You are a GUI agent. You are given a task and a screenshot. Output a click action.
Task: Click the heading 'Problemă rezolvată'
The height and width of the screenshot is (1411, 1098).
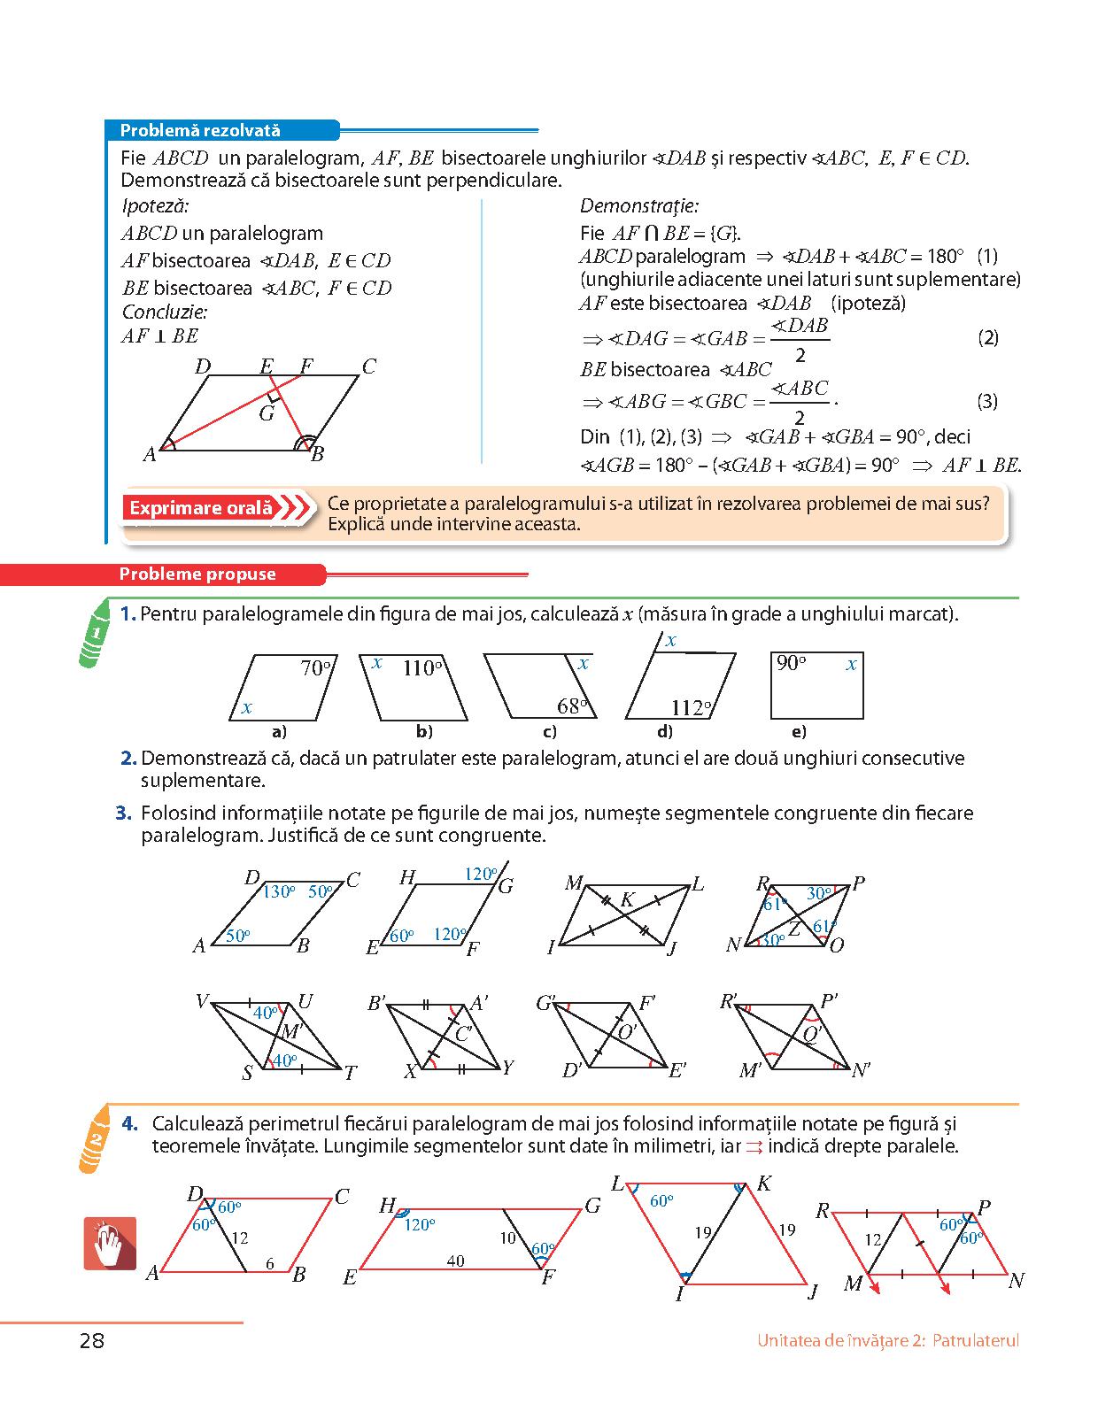[200, 131]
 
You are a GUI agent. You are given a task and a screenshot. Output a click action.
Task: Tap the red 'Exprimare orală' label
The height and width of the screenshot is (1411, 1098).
[202, 508]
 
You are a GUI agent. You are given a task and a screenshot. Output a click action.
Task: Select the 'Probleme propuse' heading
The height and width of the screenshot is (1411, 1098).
[197, 574]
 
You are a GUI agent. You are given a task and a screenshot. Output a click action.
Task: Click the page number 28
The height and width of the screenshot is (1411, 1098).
[91, 1340]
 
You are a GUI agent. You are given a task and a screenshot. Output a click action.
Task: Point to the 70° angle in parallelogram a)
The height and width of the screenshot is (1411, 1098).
[316, 668]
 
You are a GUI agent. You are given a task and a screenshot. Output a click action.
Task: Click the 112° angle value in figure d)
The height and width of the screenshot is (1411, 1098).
[691, 707]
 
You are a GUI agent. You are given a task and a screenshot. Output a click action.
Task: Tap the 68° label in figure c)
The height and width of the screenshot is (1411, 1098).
[572, 705]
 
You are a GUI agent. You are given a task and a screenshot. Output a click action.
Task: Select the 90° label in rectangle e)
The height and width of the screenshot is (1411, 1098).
[791, 663]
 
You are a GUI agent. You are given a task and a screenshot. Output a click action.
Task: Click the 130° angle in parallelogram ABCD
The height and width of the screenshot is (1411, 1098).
[279, 891]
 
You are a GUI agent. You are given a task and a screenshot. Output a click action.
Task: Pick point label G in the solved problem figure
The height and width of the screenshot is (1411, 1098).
[267, 413]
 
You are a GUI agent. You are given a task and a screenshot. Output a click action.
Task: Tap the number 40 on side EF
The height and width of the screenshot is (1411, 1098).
[455, 1261]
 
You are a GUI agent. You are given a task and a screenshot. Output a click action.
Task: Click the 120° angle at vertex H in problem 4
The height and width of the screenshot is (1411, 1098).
[419, 1224]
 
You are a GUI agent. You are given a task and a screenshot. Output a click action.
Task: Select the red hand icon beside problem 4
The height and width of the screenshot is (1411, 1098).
[110, 1244]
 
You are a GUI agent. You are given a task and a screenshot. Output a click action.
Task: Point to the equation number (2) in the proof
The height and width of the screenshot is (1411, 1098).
[988, 337]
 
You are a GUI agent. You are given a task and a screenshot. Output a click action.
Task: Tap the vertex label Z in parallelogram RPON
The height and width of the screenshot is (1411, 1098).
[794, 927]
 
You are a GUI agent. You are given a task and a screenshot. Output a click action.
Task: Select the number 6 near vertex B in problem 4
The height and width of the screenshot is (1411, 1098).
[270, 1264]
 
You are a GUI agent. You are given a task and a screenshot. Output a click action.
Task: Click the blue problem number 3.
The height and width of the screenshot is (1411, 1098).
[124, 813]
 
